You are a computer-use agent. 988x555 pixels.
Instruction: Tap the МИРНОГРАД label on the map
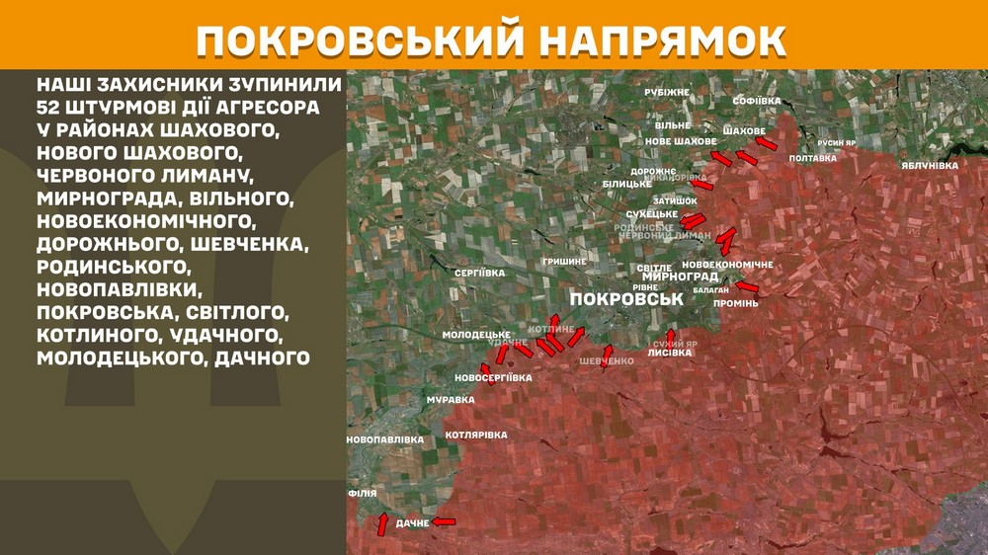click(x=681, y=277)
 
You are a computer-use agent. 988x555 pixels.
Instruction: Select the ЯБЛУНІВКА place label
click(x=929, y=165)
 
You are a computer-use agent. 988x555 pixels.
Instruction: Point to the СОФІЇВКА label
click(x=757, y=101)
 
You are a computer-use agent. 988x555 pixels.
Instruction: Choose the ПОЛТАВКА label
click(x=813, y=158)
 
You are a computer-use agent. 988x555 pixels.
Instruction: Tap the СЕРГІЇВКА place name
click(x=479, y=272)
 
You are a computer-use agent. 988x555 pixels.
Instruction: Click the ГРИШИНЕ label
click(x=563, y=261)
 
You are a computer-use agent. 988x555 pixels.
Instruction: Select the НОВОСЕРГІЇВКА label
click(x=493, y=378)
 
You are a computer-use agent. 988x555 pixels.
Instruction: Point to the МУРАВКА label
click(x=451, y=400)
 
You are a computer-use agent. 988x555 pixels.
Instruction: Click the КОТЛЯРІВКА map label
click(x=476, y=435)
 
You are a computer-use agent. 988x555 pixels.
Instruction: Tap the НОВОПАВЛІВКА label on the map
click(x=385, y=439)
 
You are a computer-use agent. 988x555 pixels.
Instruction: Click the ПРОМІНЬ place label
click(x=735, y=303)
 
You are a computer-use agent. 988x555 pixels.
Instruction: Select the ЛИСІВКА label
click(x=669, y=352)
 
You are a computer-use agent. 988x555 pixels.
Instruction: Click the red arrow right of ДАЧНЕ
click(x=445, y=520)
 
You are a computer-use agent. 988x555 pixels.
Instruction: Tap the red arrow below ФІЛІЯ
click(x=382, y=524)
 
